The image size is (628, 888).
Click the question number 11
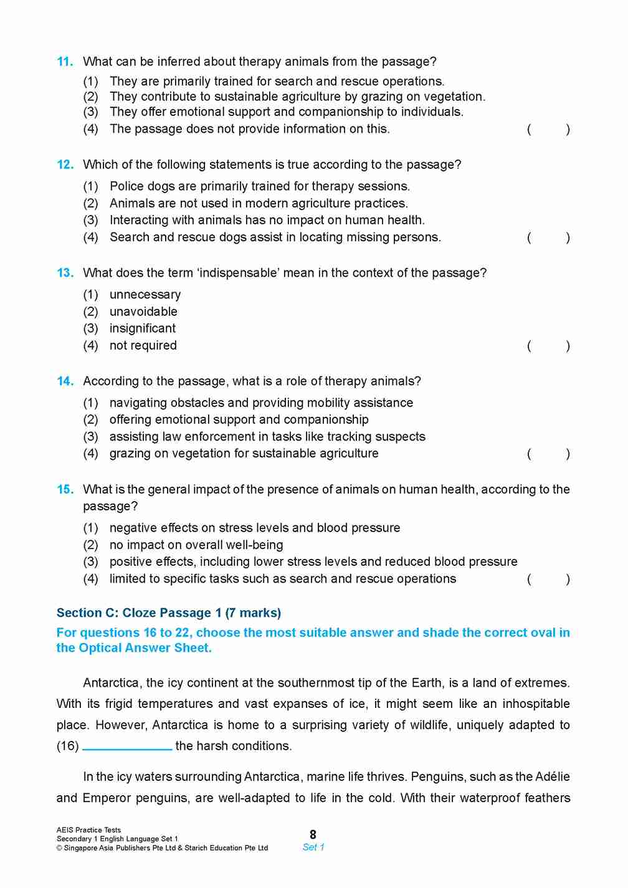65,62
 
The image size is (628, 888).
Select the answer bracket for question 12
548,237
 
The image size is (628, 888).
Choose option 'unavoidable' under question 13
143,312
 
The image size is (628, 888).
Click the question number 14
65,381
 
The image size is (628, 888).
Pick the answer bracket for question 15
548,579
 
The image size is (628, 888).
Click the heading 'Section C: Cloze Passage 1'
168,613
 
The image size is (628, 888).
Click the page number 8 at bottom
313,834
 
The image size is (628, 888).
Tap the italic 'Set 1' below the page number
313,847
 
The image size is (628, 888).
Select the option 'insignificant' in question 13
143,328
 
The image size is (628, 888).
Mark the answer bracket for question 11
548,130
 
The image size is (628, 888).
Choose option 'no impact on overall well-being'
196,545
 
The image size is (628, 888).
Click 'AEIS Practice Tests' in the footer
88,830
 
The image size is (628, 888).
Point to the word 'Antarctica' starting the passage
112,683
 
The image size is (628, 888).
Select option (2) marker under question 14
91,420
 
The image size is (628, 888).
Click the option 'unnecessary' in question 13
145,295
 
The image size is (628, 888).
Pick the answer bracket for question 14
548,454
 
